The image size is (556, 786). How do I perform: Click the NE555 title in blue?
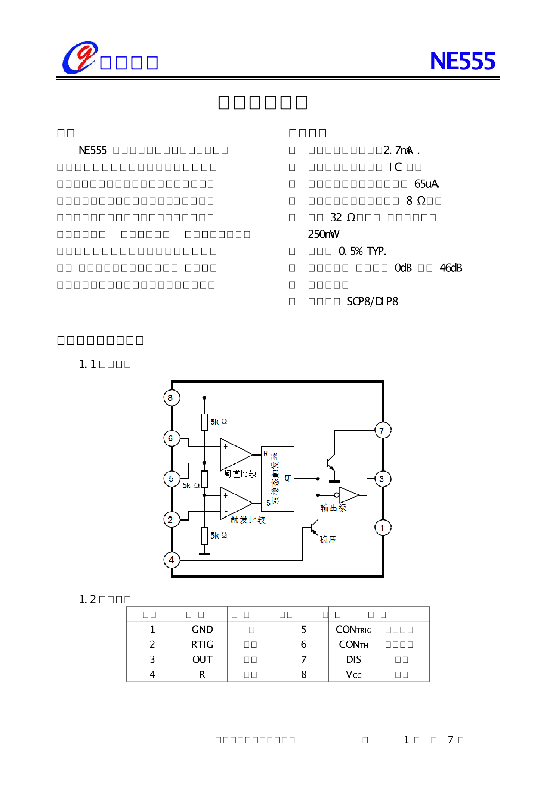point(462,61)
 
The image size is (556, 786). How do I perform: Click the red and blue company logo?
point(80,58)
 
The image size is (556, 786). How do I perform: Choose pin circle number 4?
point(172,560)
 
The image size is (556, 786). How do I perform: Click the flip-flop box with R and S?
point(278,479)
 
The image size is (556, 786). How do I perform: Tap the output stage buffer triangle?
point(348,495)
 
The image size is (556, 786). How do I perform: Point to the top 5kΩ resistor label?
point(219,422)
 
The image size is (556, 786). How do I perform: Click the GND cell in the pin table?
point(202,630)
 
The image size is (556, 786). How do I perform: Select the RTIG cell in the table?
point(202,644)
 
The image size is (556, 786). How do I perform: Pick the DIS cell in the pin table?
point(353,659)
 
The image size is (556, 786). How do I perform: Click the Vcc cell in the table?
point(353,674)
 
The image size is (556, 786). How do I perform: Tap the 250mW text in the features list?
point(324,234)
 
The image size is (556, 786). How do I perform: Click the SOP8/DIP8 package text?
point(372,301)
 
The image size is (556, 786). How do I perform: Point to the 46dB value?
point(451,268)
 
